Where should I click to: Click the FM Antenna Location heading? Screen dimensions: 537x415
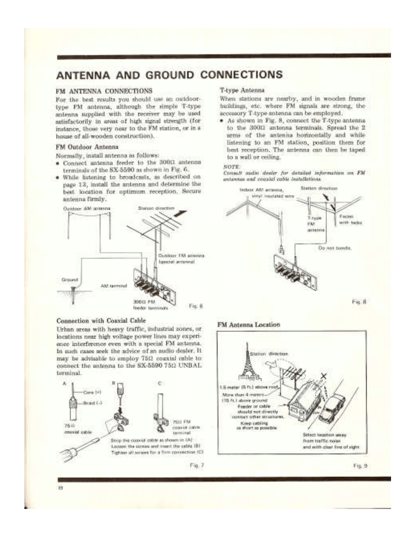pyautogui.click(x=249, y=325)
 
